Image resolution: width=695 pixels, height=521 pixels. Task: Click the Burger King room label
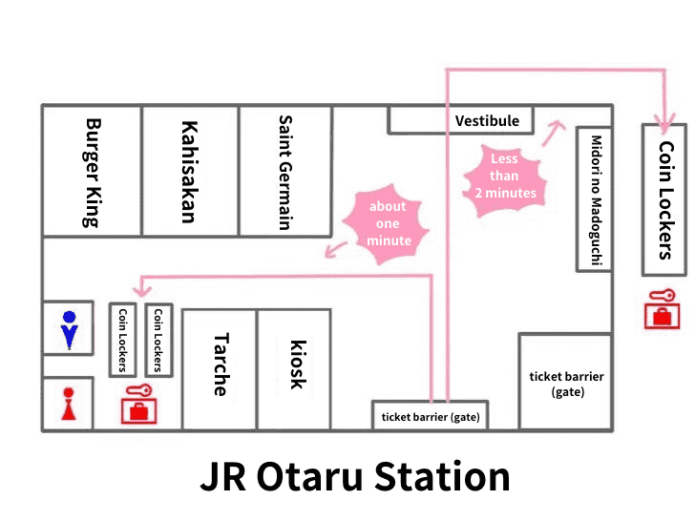pyautogui.click(x=92, y=172)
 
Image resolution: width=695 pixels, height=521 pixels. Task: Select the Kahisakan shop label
pyautogui.click(x=188, y=172)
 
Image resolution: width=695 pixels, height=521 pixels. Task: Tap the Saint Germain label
pyautogui.click(x=284, y=172)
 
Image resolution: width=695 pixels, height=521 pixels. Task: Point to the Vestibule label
pyautogui.click(x=487, y=121)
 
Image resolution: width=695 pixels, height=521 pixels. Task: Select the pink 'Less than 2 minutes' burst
pyautogui.click(x=504, y=176)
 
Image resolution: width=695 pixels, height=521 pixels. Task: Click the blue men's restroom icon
pyautogui.click(x=68, y=328)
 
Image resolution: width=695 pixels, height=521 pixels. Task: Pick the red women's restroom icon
pyautogui.click(x=68, y=404)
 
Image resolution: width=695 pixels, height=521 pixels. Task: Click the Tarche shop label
pyautogui.click(x=220, y=365)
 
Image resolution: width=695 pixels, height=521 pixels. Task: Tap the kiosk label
pyautogui.click(x=296, y=365)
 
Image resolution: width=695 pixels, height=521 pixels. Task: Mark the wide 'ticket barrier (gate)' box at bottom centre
pyautogui.click(x=430, y=416)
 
